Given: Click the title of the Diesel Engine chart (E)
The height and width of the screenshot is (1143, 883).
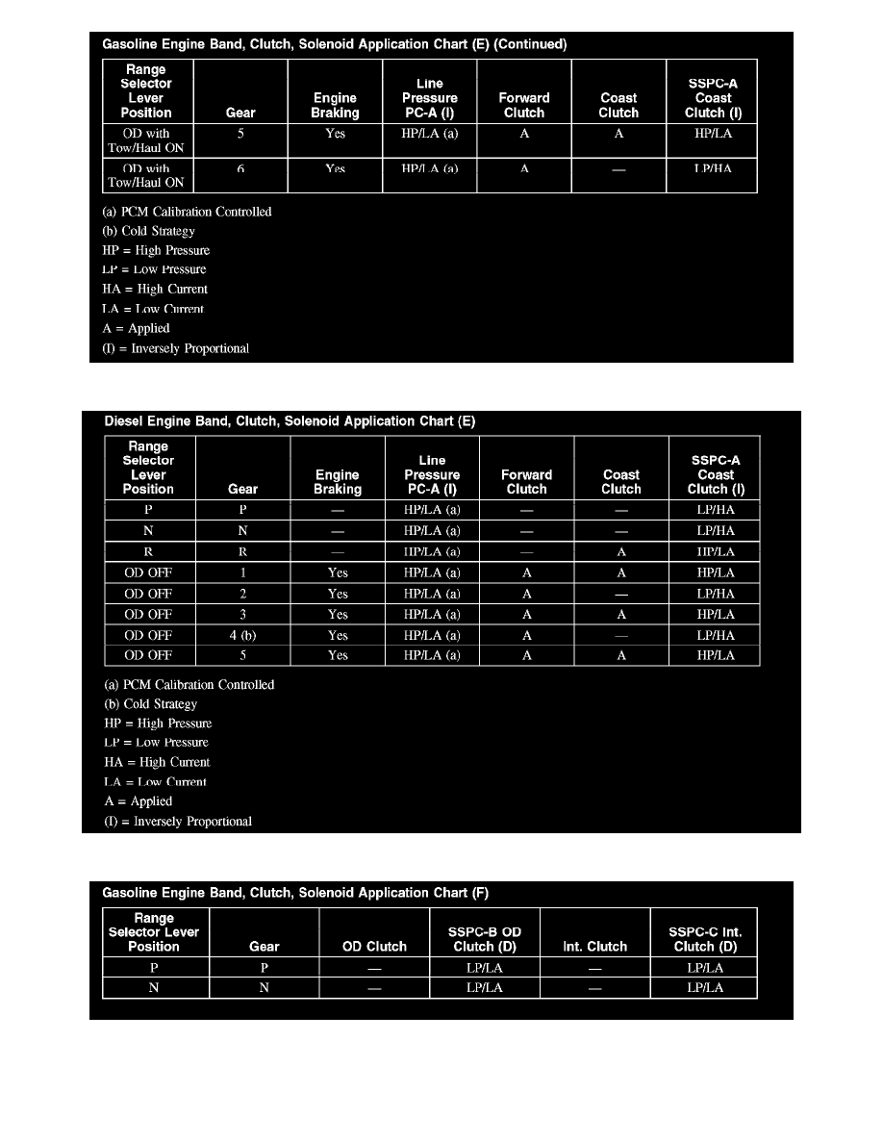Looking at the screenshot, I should (x=290, y=421).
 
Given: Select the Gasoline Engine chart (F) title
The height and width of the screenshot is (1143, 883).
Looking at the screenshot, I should (x=295, y=893).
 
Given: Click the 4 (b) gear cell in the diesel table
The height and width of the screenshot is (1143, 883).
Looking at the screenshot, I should (x=242, y=635).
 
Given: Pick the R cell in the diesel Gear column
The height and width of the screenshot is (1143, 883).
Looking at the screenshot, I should (x=242, y=552).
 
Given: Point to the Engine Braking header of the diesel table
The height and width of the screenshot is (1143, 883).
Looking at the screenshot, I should (x=338, y=482).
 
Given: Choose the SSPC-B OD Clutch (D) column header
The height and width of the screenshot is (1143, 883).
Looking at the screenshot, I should (x=485, y=939).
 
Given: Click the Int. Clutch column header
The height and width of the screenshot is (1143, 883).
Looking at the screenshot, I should (x=594, y=946).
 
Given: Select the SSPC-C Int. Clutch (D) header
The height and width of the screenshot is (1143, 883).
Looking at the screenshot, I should (x=705, y=939).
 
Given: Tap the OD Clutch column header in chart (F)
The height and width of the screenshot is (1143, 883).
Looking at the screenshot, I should (x=374, y=946).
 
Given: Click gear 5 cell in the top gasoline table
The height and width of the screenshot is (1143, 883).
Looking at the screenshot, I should (x=240, y=134).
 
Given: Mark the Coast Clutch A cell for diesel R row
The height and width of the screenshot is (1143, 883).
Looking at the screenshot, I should (x=621, y=552).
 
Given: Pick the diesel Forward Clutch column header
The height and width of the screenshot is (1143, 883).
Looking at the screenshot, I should (x=527, y=482).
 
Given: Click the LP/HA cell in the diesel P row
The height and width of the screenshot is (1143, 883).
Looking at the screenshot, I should (x=715, y=511).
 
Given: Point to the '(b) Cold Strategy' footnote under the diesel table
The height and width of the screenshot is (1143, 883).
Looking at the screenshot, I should (x=150, y=704).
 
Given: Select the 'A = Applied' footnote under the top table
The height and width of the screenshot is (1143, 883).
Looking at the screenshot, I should (x=136, y=328).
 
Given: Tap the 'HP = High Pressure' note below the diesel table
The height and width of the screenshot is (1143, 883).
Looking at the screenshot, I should (x=158, y=724).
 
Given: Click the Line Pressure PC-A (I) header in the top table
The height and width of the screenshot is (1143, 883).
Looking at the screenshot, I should (x=430, y=98).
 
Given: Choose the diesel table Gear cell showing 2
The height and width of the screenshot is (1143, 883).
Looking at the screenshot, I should (x=242, y=594).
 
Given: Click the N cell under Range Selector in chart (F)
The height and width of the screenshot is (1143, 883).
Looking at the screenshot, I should (x=154, y=988).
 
